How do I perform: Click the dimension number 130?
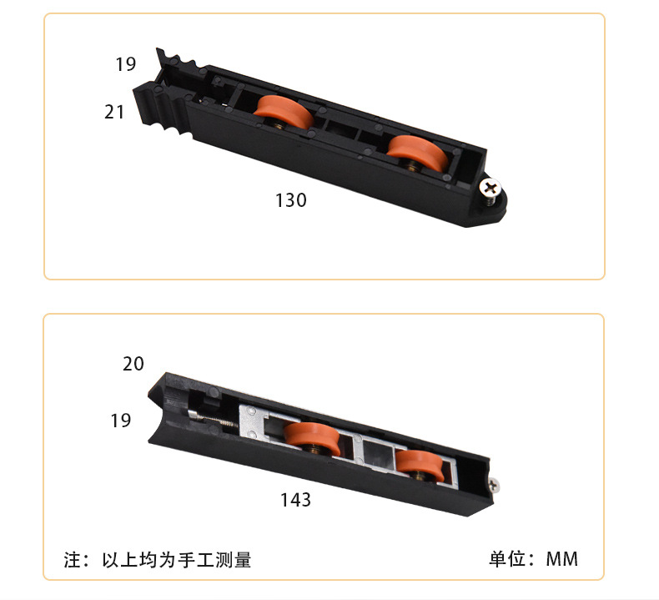point(291,200)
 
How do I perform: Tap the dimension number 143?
point(295,500)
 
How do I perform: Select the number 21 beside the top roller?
point(114,111)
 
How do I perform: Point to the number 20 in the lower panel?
point(133,364)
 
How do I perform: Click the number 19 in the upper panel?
point(125,63)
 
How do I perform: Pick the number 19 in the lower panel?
point(121,421)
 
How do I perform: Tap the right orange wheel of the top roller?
point(412,151)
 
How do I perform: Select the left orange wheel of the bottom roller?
point(310,439)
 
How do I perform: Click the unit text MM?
point(561,559)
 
